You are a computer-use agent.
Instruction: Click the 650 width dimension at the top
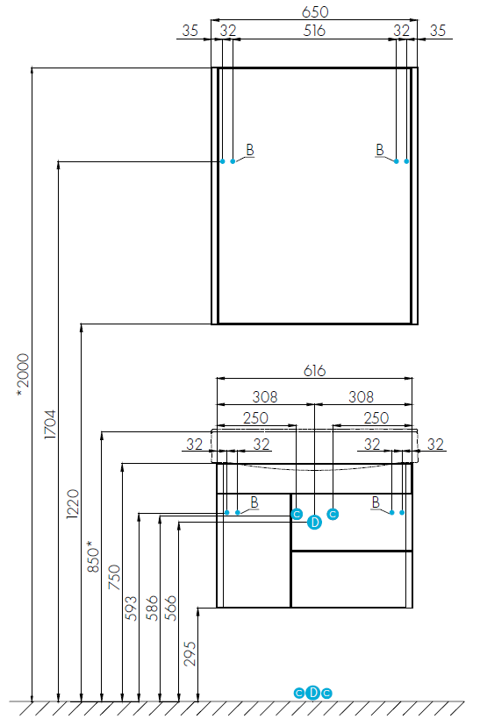pyautogui.click(x=315, y=11)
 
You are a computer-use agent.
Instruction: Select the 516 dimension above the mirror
pyautogui.click(x=314, y=31)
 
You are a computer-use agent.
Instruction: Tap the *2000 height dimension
pyautogui.click(x=23, y=375)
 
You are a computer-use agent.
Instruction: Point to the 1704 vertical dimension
pyautogui.click(x=49, y=424)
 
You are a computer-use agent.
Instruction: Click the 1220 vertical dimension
pyautogui.click(x=73, y=504)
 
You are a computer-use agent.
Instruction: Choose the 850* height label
pyautogui.click(x=93, y=556)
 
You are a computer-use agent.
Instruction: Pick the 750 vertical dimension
pyautogui.click(x=114, y=577)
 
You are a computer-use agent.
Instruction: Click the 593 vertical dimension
pyautogui.click(x=131, y=609)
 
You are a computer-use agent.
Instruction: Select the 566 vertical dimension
pyautogui.click(x=170, y=609)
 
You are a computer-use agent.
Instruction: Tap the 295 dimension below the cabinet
pyautogui.click(x=190, y=653)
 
